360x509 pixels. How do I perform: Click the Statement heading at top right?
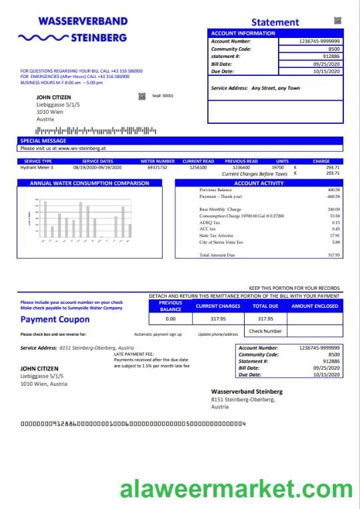274,22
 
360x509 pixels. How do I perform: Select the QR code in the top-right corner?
337,21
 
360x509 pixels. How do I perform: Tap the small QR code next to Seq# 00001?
141,96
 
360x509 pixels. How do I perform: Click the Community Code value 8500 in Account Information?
334,49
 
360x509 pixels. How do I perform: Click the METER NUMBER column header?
157,161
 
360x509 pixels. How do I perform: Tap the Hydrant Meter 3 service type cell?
38,167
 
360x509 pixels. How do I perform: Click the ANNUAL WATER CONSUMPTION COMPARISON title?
90,183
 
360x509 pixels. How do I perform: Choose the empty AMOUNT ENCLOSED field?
314,319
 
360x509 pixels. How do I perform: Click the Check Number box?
265,331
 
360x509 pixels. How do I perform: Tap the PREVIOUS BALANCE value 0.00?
170,319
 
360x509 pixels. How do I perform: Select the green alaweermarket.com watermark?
236,490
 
